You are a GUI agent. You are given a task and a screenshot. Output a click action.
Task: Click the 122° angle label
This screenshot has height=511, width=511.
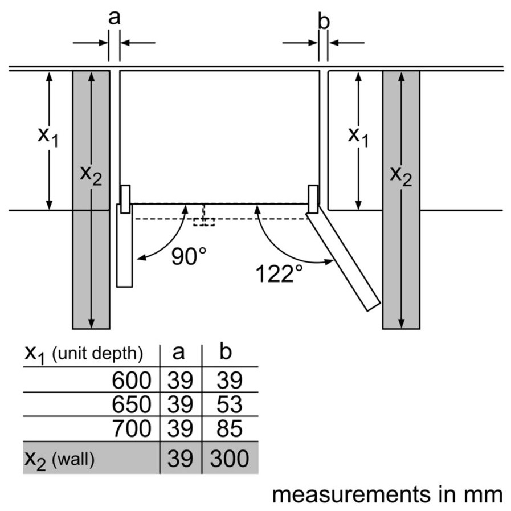279,274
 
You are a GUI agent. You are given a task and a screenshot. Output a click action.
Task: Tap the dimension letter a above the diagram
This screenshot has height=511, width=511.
115,18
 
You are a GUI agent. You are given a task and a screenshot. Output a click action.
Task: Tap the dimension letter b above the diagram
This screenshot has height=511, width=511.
324,22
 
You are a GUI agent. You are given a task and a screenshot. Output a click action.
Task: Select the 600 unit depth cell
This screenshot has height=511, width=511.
132,380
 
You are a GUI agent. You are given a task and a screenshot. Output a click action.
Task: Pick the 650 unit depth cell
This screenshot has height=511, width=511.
132,404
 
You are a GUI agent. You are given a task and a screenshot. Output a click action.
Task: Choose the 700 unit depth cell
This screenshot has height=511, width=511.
132,428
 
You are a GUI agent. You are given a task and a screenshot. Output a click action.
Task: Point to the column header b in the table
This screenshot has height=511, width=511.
226,353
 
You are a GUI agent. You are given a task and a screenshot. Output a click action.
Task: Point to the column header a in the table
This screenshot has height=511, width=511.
179,353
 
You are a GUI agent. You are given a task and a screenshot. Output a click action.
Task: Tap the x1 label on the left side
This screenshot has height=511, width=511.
48,136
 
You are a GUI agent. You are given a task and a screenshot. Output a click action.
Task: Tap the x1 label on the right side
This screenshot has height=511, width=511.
358,136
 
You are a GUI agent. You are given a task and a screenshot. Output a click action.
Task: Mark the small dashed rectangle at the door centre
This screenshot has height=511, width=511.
203,221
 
